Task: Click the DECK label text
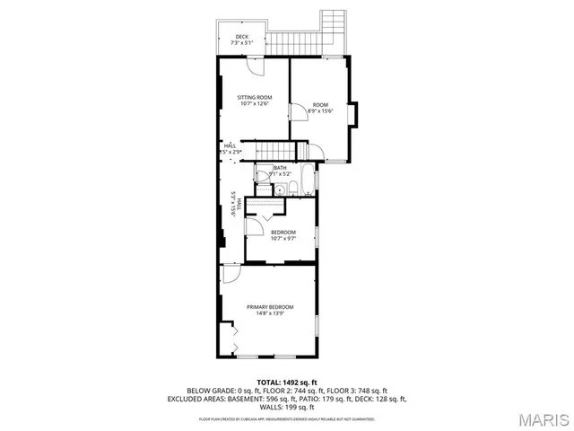242,37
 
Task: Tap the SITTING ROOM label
255,97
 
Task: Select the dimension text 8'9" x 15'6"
321,111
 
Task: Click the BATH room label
280,167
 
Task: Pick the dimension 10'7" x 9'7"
283,239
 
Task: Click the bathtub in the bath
307,180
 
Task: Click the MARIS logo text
542,419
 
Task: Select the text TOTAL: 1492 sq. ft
287,383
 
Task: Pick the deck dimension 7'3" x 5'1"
242,43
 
